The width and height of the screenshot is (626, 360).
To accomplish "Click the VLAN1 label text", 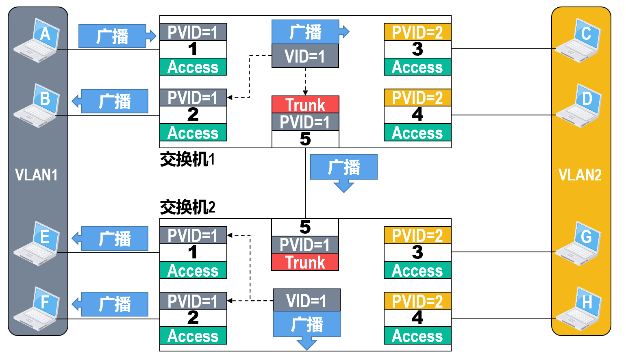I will point(36,175).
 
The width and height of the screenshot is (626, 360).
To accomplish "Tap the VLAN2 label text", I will point(580,175).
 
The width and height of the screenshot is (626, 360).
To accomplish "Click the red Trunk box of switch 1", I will point(305,105).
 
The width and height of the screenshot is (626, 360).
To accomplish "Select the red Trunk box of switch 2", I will point(305,262).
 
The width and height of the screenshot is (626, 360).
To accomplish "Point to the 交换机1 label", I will point(187,159).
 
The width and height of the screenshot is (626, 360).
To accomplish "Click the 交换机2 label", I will point(187,207).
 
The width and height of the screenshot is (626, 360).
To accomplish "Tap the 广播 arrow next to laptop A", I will point(116,36).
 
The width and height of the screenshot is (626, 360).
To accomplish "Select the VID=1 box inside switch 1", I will point(305,56).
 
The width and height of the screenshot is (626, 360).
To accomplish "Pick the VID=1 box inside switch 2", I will point(306,301).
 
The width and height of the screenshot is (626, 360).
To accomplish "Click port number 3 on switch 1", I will point(417,50).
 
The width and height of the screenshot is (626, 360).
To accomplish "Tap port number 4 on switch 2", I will point(417,318).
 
